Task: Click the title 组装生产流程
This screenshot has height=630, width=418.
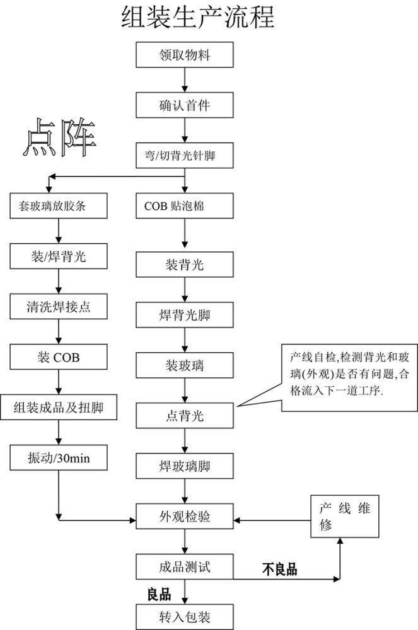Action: pyautogui.click(x=197, y=18)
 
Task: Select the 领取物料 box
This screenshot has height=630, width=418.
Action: pyautogui.click(x=184, y=55)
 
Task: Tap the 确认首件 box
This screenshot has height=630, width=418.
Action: pyautogui.click(x=184, y=105)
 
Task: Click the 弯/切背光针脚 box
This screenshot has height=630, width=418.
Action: pyautogui.click(x=184, y=155)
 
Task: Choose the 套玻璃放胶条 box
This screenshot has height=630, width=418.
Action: pyautogui.click(x=57, y=206)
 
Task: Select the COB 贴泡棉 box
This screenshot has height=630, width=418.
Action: pyautogui.click(x=184, y=206)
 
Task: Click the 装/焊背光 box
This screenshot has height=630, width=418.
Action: pyautogui.click(x=57, y=256)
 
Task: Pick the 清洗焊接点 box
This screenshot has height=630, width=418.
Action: pyautogui.click(x=57, y=307)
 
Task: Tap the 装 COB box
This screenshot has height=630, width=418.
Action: pyautogui.click(x=57, y=357)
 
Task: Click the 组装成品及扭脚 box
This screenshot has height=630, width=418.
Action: pyautogui.click(x=57, y=408)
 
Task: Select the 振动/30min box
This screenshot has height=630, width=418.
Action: pyautogui.click(x=57, y=457)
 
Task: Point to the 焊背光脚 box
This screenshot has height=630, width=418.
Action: pyautogui.click(x=184, y=314)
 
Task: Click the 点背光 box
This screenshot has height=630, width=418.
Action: pyautogui.click(x=184, y=416)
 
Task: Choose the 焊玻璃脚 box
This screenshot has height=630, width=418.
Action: pyautogui.click(x=184, y=467)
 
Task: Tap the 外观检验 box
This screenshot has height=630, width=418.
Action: pyautogui.click(x=184, y=517)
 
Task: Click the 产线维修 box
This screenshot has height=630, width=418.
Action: pyautogui.click(x=345, y=517)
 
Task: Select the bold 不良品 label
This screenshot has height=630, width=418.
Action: pyautogui.click(x=279, y=570)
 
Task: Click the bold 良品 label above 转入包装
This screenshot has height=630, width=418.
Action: pyautogui.click(x=159, y=594)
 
